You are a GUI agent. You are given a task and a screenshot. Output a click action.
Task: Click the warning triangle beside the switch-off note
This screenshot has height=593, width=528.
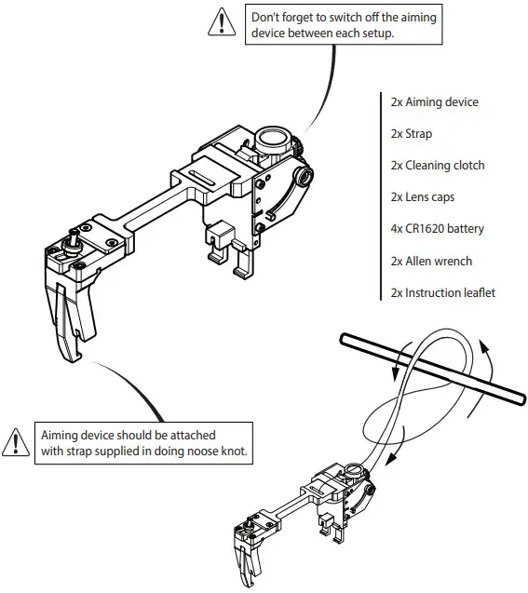[x=221, y=21]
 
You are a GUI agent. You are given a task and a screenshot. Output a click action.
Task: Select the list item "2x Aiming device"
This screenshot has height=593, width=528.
[x=435, y=101]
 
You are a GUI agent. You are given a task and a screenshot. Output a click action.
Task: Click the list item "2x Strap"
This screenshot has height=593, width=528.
[x=412, y=133]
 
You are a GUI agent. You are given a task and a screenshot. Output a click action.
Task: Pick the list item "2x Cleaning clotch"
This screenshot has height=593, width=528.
[x=438, y=165]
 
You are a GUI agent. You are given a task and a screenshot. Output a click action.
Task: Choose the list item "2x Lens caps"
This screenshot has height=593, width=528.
[x=423, y=196]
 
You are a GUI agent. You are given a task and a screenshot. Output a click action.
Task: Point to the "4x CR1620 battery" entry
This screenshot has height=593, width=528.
[x=438, y=228]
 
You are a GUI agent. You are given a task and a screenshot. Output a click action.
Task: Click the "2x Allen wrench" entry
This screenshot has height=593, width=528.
[x=432, y=261]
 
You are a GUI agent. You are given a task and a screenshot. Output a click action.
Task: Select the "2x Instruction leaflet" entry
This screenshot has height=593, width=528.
[x=443, y=292]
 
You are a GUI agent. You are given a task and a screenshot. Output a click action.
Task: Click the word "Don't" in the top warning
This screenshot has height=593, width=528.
[x=267, y=16]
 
